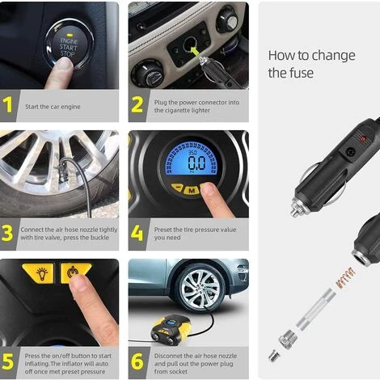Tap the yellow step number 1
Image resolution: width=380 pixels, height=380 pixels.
8,105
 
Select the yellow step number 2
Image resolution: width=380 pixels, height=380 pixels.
137,105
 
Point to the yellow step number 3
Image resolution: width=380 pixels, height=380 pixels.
8,234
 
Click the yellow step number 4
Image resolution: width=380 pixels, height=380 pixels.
137,234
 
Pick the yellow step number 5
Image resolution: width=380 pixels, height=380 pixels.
8,361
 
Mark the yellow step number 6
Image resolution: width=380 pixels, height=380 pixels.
137,361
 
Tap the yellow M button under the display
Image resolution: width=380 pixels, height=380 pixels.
192,191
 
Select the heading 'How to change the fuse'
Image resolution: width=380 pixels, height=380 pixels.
310,65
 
